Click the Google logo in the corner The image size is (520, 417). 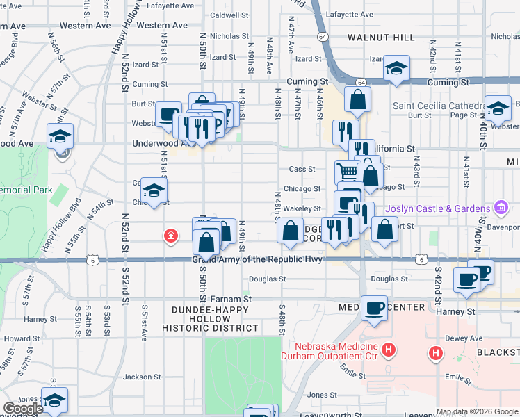coord(23,408)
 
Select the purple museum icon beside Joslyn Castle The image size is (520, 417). coord(499,208)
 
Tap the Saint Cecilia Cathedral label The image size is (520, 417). coord(436,106)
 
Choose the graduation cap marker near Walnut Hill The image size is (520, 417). coord(396,68)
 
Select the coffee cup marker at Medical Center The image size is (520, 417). coord(374,307)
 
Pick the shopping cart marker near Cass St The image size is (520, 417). coord(348,171)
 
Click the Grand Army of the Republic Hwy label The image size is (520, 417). coord(258,259)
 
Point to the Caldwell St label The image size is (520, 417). coord(229,15)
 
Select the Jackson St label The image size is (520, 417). coord(142,377)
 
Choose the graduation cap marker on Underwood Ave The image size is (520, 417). coord(60,136)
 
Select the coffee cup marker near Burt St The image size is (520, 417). coord(168,115)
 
